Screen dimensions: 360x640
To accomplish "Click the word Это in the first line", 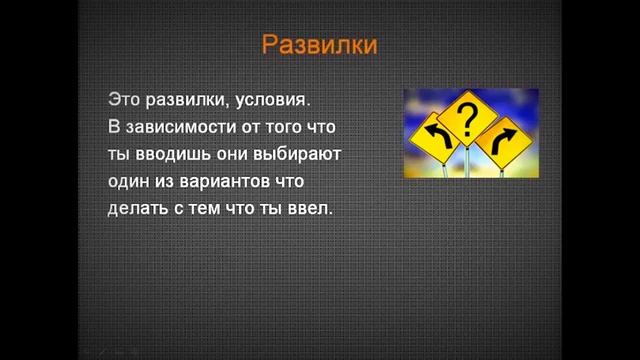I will [x=123, y=100].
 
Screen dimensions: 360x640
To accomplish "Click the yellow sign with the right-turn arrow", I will [x=503, y=140].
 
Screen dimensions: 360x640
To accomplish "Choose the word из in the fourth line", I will [x=170, y=183].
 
